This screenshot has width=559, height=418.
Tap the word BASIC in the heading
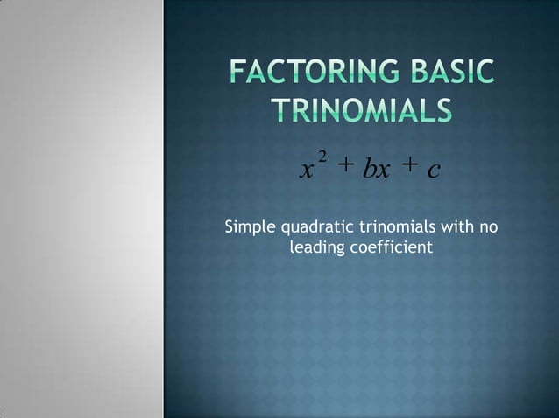450,73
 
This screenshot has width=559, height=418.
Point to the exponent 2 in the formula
322,156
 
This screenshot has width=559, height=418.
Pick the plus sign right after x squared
346,164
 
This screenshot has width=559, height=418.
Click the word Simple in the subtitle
251,229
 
